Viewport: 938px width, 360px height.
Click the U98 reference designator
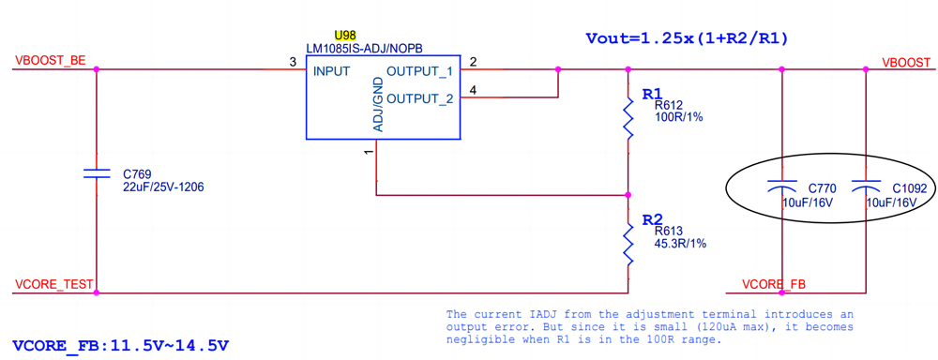pos(345,36)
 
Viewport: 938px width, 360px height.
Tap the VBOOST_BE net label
pos(51,61)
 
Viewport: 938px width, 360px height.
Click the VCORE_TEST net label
pos(53,284)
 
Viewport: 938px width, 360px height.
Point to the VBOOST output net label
pos(906,62)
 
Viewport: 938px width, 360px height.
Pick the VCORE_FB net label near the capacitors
pos(774,284)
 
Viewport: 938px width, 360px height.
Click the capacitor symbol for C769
pos(97,173)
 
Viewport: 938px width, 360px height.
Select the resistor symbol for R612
pos(628,120)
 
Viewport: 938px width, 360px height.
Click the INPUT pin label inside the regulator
pos(331,71)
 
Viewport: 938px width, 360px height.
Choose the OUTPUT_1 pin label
pos(419,71)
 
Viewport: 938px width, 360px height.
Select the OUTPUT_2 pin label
pos(419,98)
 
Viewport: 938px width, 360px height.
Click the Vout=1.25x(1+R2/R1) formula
pos(687,38)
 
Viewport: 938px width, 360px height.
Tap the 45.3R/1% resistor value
pos(680,244)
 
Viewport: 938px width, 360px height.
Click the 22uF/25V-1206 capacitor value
pos(163,187)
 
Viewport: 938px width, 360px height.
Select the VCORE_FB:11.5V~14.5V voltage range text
pos(121,345)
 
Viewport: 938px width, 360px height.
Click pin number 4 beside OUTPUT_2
pos(473,90)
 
